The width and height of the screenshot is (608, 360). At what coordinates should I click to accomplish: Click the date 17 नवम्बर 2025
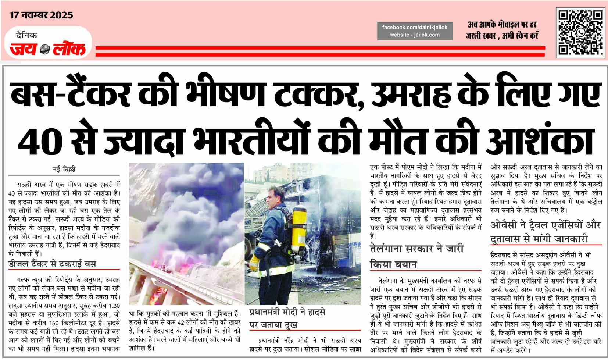(x=41, y=15)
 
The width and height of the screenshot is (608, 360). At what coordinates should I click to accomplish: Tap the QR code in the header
(x=580, y=32)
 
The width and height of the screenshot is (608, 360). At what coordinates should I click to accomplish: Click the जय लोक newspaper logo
(x=48, y=49)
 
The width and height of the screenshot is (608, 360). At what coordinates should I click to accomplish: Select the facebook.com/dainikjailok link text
(x=415, y=27)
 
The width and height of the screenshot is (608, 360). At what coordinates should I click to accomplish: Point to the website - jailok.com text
(x=415, y=35)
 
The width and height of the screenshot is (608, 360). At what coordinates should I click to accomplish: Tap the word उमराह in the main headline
(x=411, y=95)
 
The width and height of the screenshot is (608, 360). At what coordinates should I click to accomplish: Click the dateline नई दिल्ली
(x=64, y=170)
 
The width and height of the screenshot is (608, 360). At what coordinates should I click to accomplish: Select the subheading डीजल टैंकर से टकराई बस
(x=52, y=264)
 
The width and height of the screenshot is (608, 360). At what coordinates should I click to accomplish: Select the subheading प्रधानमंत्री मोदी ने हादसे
(x=287, y=312)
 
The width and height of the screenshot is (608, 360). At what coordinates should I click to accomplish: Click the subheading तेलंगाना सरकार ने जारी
(x=416, y=249)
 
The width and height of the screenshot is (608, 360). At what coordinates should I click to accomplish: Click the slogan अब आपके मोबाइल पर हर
(x=502, y=25)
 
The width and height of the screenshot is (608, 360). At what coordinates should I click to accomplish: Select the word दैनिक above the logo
(x=26, y=35)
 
